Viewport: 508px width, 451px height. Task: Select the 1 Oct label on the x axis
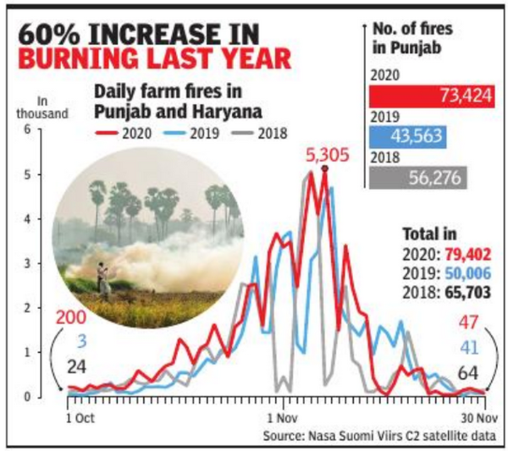(80, 416)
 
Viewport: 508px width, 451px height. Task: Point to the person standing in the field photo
(106, 279)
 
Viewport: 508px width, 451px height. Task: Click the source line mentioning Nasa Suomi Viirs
(377, 434)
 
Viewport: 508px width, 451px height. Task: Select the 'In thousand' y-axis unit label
(40, 108)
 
